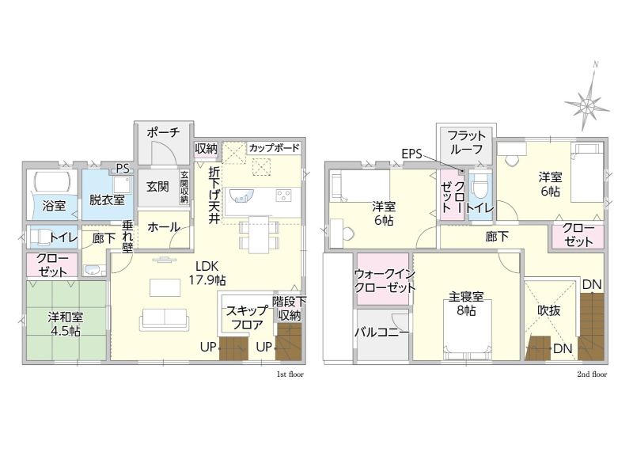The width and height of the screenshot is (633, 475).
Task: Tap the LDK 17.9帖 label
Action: click(207, 273)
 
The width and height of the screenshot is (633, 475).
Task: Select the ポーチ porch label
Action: click(163, 132)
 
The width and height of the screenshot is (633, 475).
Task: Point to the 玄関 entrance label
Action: click(157, 187)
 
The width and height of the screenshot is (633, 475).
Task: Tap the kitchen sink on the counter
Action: click(242, 196)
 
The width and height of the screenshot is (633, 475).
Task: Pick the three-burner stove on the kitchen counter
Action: click(284, 196)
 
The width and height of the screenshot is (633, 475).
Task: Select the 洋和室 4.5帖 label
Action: click(66, 324)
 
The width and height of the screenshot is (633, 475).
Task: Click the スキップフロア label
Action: click(246, 317)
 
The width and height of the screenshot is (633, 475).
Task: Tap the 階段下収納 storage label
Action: click(289, 309)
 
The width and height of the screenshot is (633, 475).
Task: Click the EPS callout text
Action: click(411, 154)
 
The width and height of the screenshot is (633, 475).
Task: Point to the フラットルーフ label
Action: click(466, 142)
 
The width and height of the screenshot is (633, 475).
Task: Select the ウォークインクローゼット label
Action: click(385, 281)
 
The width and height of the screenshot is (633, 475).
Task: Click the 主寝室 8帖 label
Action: click(466, 304)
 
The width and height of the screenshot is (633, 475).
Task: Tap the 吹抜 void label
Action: click(549, 310)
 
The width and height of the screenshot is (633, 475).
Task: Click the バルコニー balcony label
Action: click(382, 332)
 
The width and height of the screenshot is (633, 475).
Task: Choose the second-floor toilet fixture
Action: click(479, 186)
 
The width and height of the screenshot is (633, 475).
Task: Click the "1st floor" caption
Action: click(290, 374)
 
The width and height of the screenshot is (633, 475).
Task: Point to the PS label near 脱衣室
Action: click(123, 169)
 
